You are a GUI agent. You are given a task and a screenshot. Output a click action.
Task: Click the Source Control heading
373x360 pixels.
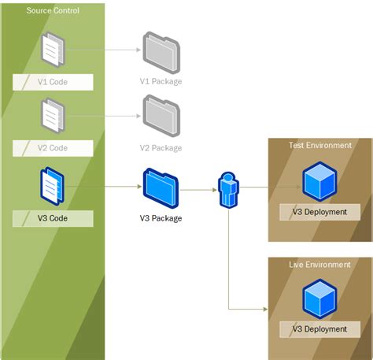[x=53, y=11]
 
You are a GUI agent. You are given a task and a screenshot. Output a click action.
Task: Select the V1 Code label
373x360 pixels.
[x=53, y=82]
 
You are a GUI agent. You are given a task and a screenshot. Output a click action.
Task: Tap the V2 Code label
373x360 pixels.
[x=53, y=147]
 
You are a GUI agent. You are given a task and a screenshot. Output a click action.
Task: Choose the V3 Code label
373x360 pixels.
[x=53, y=218]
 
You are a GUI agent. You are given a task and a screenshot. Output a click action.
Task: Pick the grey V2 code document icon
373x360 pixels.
[x=53, y=117]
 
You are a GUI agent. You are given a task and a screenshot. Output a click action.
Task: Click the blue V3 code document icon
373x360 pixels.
[x=53, y=187]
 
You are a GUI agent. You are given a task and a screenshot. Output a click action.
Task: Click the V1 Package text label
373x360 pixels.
[x=161, y=82]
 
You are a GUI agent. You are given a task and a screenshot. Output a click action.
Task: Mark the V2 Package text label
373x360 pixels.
[x=161, y=147]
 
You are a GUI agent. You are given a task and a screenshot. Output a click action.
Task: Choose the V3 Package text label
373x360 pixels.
[x=161, y=218]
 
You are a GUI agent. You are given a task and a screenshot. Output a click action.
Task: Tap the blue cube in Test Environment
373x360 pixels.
[x=319, y=181]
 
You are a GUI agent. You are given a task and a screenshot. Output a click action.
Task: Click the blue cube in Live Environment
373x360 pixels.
[x=319, y=300]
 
